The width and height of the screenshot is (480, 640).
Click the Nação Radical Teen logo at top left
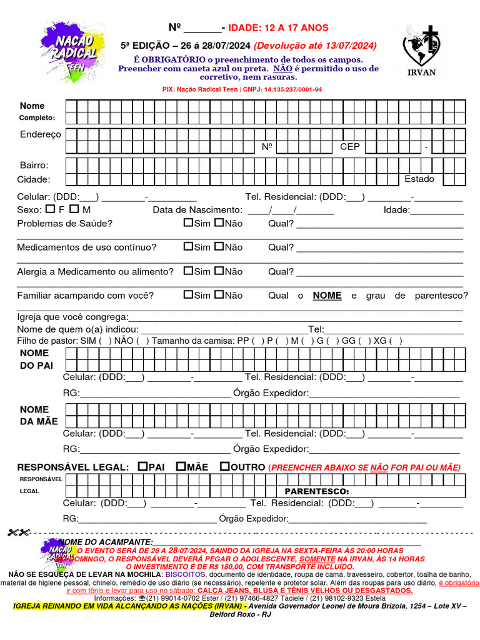70,51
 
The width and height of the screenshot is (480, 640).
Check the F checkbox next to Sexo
51,209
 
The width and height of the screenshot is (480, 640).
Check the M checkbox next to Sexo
74,209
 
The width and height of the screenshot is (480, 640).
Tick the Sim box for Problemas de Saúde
188,222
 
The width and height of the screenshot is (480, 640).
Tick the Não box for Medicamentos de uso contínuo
219,246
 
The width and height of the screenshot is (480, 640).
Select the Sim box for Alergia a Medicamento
188,271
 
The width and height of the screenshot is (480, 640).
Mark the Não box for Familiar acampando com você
219,294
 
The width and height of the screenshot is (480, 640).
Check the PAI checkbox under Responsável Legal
142,466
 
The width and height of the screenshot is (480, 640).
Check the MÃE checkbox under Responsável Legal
181,466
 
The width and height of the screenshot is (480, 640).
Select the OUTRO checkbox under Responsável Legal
224,466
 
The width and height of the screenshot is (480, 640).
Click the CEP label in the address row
350,147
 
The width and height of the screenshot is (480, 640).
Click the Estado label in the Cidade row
419,179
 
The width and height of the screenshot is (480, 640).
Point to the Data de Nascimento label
197,210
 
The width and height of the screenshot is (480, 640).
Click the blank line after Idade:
437,211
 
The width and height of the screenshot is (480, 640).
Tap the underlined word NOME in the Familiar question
327,296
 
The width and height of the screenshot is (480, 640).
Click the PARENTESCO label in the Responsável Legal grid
317,491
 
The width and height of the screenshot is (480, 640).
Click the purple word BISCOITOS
186,574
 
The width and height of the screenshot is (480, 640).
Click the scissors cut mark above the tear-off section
19,532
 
